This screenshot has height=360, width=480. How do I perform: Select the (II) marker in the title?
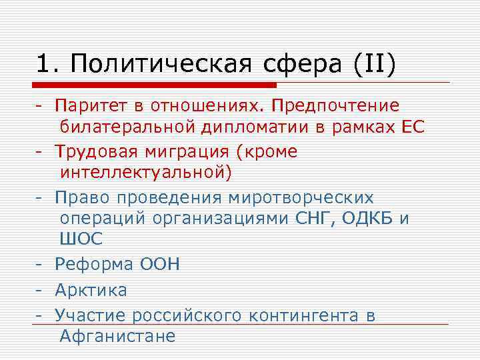370,65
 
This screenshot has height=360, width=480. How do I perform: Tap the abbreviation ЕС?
412,127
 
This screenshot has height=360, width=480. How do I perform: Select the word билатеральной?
129,127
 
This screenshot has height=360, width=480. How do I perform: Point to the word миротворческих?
301,198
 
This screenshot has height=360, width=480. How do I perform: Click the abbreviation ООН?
159,264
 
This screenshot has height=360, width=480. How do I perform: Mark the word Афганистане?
117,336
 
